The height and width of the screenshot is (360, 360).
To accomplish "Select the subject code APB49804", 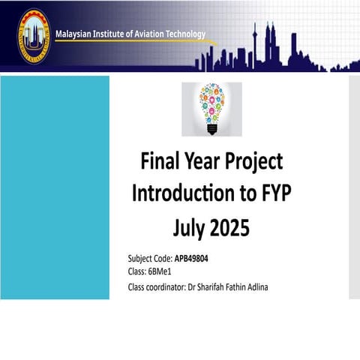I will tap(197, 259).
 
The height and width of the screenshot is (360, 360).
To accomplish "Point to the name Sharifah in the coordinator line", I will tap(213, 286).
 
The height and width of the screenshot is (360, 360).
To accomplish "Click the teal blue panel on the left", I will tap(55, 187).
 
